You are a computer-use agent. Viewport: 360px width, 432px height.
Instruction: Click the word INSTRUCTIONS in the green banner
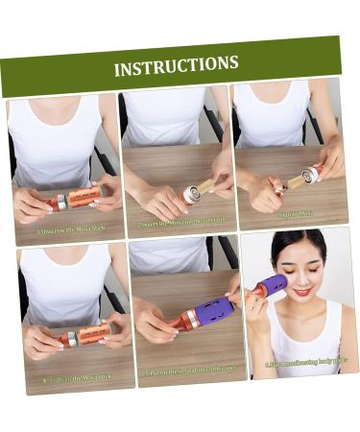click(x=176, y=66)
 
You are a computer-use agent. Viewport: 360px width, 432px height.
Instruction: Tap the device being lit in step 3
click(x=308, y=175)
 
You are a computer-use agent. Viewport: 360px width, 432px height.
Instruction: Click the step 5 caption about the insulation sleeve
click(x=190, y=369)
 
